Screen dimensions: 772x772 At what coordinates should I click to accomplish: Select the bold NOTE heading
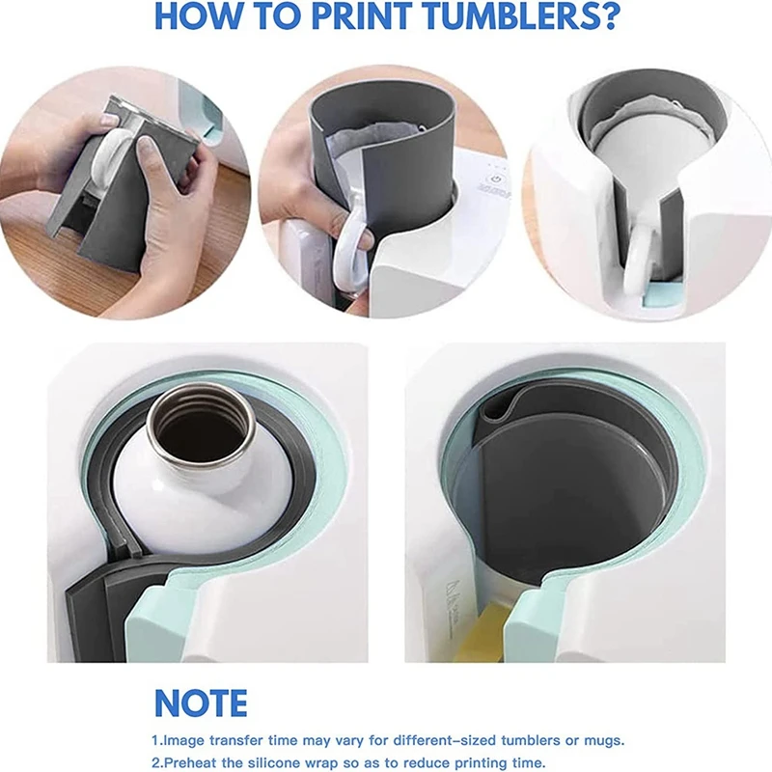coord(201,703)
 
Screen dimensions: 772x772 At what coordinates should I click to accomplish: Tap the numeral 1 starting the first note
coord(155,741)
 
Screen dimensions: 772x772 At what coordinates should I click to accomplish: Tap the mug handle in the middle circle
coord(348,249)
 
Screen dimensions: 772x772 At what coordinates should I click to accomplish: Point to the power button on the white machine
coord(496,179)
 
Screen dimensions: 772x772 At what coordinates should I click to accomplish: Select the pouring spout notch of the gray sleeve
coord(494,410)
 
